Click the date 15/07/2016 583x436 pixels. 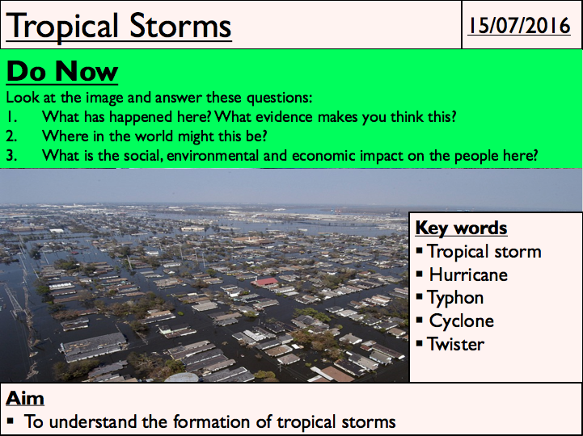click(x=518, y=26)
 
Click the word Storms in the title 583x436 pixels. click(x=180, y=26)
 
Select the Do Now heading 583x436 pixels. click(x=62, y=71)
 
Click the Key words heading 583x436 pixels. click(x=461, y=228)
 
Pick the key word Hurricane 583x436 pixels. click(x=468, y=275)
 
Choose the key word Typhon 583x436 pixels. click(x=455, y=298)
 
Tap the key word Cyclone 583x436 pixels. click(x=462, y=321)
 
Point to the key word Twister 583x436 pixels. click(x=456, y=344)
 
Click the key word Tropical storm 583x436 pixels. click(x=484, y=252)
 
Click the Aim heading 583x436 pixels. click(x=25, y=399)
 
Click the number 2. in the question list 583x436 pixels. click(x=11, y=136)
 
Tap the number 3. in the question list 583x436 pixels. click(x=11, y=156)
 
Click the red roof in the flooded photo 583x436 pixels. click(x=265, y=282)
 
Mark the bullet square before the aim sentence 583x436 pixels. click(x=10, y=421)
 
